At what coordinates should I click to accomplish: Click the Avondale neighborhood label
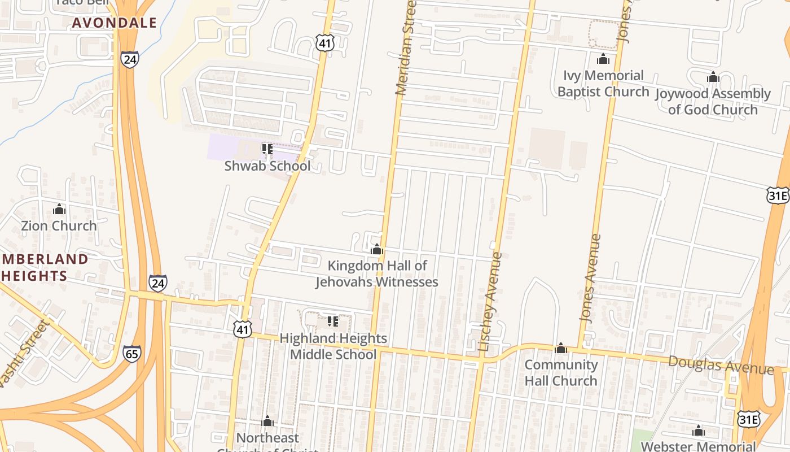(x=115, y=23)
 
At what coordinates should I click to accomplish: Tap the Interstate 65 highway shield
(x=131, y=354)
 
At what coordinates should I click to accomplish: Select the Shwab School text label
(x=267, y=166)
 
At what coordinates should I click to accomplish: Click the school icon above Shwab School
(x=267, y=149)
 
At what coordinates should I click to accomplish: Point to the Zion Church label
(x=59, y=225)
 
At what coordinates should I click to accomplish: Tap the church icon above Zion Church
(x=59, y=210)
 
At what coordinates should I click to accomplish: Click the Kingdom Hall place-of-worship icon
(x=377, y=249)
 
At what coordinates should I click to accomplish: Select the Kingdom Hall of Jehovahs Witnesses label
(x=377, y=273)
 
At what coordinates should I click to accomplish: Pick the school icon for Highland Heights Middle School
(x=333, y=321)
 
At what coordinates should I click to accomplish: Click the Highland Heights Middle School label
(x=333, y=346)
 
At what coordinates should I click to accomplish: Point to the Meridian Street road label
(x=406, y=48)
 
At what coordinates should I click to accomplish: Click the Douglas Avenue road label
(x=721, y=365)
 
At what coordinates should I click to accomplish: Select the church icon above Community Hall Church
(x=561, y=348)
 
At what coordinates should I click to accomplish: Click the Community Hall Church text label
(x=561, y=372)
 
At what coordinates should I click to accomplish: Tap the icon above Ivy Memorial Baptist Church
(x=603, y=59)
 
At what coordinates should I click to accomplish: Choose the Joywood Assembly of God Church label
(x=713, y=101)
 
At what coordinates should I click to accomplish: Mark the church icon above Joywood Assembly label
(x=713, y=77)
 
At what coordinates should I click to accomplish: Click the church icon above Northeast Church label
(x=267, y=421)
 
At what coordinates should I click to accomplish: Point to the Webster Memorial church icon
(x=699, y=431)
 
